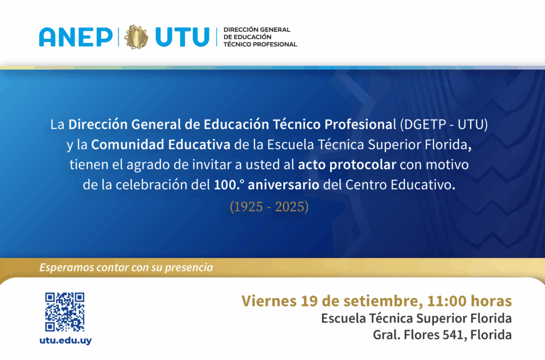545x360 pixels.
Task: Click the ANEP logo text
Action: pyautogui.click(x=76, y=37)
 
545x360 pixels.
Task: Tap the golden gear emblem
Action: pyautogui.click(x=136, y=37)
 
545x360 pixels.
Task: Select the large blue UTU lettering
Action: pyautogui.click(x=183, y=37)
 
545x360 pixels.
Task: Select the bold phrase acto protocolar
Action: pyautogui.click(x=347, y=165)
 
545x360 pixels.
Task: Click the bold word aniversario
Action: pyautogui.click(x=283, y=185)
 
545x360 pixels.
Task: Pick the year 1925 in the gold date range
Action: pyautogui.click(x=248, y=207)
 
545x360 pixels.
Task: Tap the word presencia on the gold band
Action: pyautogui.click(x=189, y=268)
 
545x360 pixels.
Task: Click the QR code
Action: pyautogui.click(x=64, y=312)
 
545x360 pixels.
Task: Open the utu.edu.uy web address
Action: pyautogui.click(x=65, y=340)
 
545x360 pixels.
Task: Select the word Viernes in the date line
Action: pyautogui.click(x=269, y=301)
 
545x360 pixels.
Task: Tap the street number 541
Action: pyautogui.click(x=455, y=335)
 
